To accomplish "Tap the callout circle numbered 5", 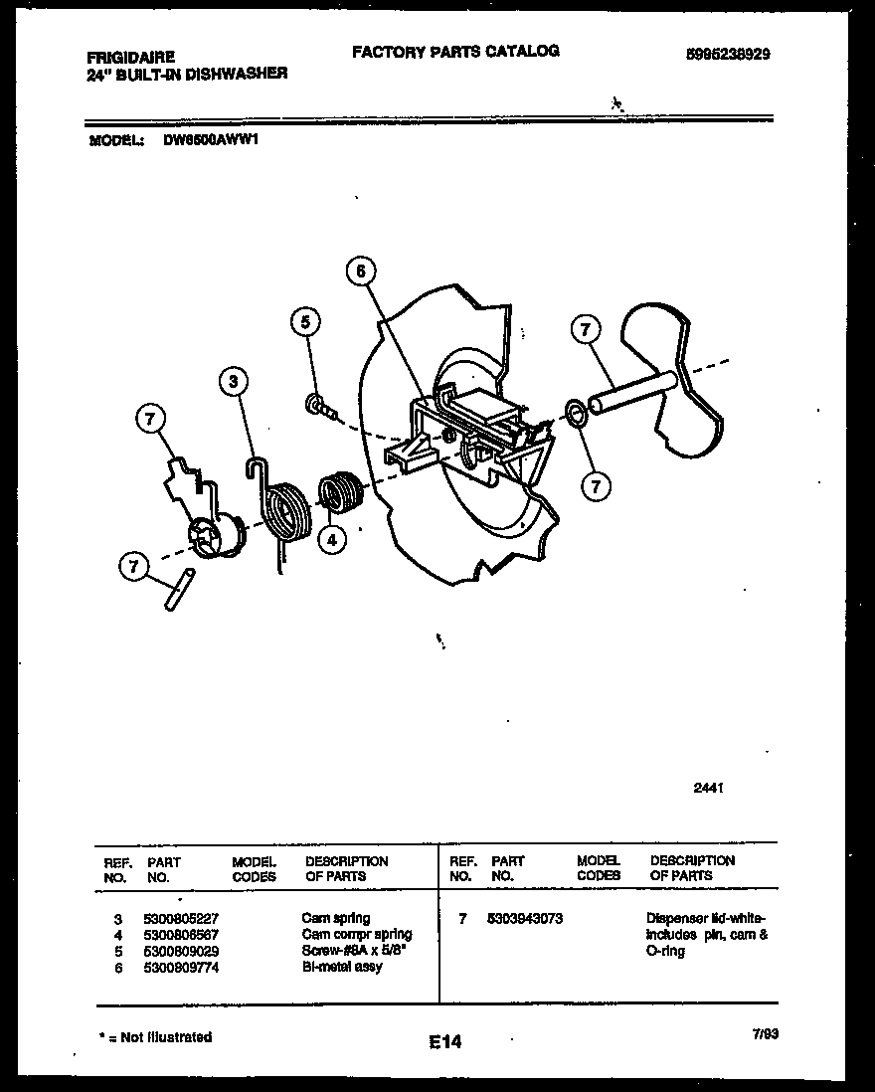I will [x=306, y=322].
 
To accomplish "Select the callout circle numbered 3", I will [x=233, y=381].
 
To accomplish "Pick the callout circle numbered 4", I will [x=332, y=539].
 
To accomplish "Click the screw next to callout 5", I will [x=321, y=405].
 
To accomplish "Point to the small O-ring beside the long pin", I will [x=574, y=413].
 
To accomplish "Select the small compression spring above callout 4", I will [x=339, y=492].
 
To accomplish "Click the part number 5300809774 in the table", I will [x=182, y=967].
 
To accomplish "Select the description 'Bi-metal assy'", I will [x=342, y=967].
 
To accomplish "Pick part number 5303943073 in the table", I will [x=526, y=919].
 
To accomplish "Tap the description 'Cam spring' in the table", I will [x=335, y=919].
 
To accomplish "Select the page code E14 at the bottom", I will [x=445, y=1041].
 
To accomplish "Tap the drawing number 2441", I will [x=707, y=787].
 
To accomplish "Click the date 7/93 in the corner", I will [x=765, y=1034].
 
